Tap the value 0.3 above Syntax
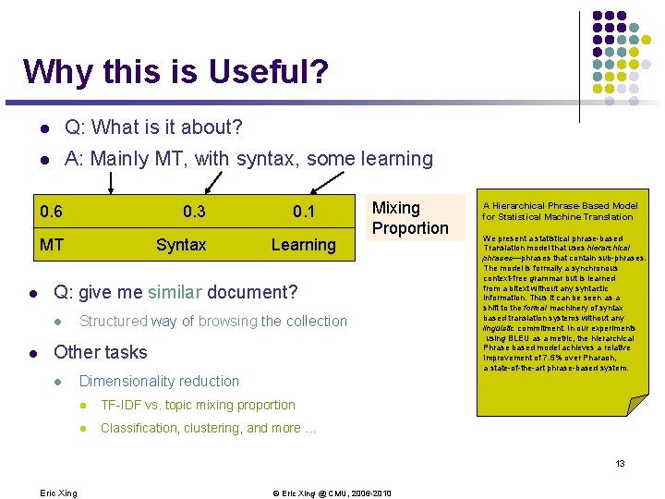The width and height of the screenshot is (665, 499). pyautogui.click(x=194, y=212)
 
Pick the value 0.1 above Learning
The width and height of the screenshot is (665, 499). pyautogui.click(x=304, y=212)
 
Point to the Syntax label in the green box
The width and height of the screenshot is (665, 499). pyautogui.click(x=181, y=245)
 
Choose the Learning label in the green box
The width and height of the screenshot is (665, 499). pyautogui.click(x=303, y=245)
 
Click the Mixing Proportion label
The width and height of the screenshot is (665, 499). pyautogui.click(x=409, y=218)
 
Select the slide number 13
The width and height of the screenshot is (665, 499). pyautogui.click(x=621, y=463)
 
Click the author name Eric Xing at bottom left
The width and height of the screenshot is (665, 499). pyautogui.click(x=58, y=493)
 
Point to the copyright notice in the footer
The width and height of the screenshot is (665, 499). pyautogui.click(x=332, y=493)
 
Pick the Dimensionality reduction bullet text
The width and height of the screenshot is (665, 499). pyautogui.click(x=159, y=381)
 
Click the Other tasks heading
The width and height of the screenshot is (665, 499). pyautogui.click(x=101, y=352)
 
